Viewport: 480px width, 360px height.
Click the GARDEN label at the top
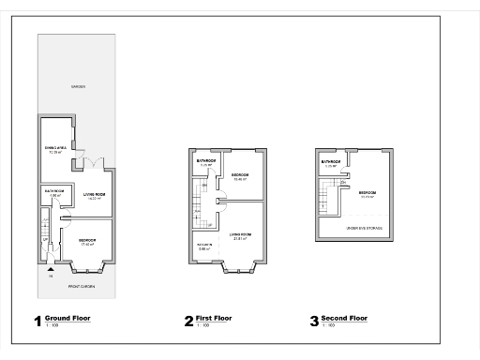pos(78,86)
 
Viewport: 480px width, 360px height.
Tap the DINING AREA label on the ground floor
pos(55,149)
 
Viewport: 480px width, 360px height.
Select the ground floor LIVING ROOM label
pos(93,194)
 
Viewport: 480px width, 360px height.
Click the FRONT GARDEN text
pos(82,285)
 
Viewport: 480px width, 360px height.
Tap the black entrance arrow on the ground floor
pos(50,268)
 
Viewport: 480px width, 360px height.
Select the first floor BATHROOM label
pos(206,161)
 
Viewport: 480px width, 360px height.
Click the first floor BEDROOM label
pos(240,175)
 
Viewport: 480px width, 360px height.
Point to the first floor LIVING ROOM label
pos(240,234)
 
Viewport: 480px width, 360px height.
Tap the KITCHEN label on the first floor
pos(203,246)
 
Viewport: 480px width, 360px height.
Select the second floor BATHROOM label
pos(329,162)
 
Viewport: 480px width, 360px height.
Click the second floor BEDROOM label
pos(367,193)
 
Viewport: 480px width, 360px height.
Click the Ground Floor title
pos(67,318)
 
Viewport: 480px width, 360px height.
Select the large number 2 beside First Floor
pos(188,322)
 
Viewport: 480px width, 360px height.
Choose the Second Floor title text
pos(344,318)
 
